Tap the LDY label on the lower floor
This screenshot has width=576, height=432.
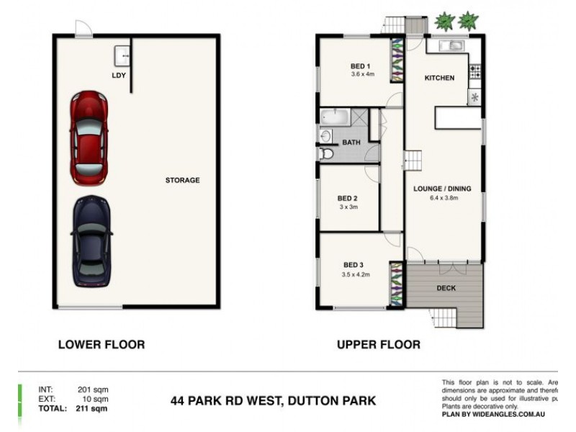click(x=119, y=74)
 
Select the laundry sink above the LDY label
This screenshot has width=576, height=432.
click(x=122, y=54)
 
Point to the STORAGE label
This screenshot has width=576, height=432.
click(x=182, y=180)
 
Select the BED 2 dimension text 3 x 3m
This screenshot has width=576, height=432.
click(x=348, y=207)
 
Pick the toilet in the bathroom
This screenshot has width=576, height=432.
click(x=325, y=153)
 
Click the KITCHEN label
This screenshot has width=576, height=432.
click(x=439, y=78)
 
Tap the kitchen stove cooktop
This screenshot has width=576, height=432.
click(x=474, y=71)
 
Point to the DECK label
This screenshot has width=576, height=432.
click(x=447, y=288)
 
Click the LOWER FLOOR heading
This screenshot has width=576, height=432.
click(x=101, y=345)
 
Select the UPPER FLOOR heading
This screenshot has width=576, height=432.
click(x=379, y=345)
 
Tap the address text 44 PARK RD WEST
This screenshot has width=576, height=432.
click(x=228, y=400)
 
